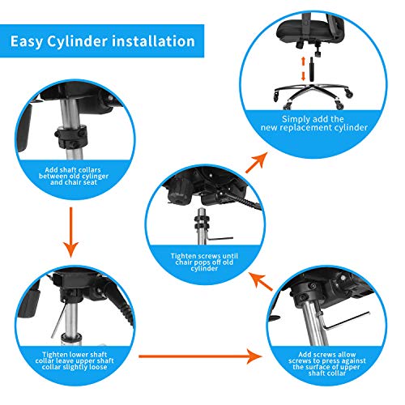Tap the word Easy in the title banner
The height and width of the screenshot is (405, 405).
pos(27,42)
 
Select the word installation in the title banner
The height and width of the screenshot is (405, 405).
pos(153,41)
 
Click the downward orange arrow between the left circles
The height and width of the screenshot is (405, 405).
pos(71,232)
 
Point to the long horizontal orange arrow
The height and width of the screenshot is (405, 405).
pos(200,356)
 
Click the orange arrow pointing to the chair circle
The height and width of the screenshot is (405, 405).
pos(257,163)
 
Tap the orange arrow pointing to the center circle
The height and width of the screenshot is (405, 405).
pos(260,281)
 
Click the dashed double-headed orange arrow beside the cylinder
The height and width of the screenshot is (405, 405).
pos(303,69)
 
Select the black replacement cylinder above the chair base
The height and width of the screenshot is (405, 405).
pos(312,69)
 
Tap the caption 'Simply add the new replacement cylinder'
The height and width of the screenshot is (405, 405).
pos(314,123)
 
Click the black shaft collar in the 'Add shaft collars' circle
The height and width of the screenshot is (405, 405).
pos(71,137)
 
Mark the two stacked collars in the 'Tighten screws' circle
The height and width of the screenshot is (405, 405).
pos(202,222)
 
